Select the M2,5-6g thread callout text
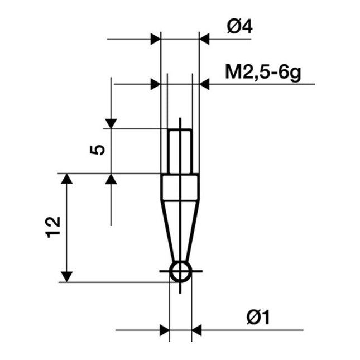[x=262, y=73]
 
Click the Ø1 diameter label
[x=258, y=318]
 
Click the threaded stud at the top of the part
[x=180, y=151]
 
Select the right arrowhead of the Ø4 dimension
[x=205, y=39]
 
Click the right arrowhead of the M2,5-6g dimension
[x=205, y=84]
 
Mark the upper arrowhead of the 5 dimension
[x=111, y=123]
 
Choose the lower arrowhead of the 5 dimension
[x=111, y=179]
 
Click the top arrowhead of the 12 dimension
[x=67, y=179]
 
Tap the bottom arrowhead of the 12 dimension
[x=67, y=276]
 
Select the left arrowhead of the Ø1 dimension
[x=164, y=330]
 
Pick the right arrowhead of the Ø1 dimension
[x=197, y=330]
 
